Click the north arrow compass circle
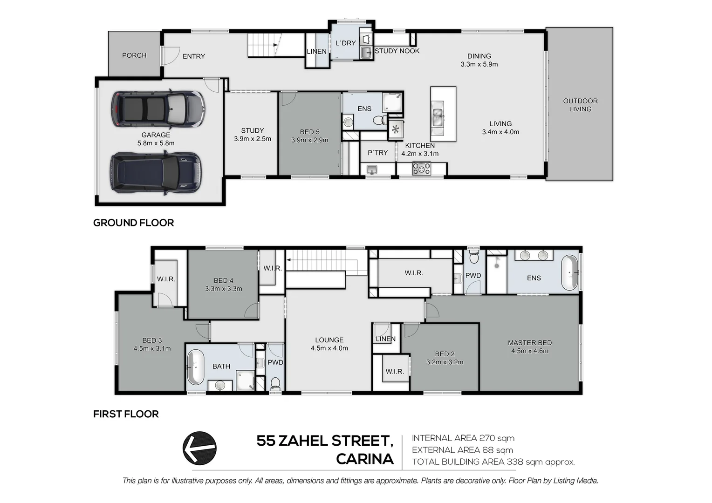[x=199, y=448]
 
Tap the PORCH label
[x=134, y=55]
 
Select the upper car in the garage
[x=157, y=109]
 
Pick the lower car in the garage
[x=156, y=173]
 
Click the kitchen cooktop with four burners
[x=422, y=169]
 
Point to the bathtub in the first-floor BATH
[x=195, y=367]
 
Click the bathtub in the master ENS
[x=569, y=272]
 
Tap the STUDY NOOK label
[x=397, y=51]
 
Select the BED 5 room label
[x=310, y=132]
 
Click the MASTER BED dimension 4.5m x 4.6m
[x=530, y=351]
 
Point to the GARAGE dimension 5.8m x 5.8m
[x=156, y=143]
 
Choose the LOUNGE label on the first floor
[x=329, y=340]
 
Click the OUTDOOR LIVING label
[x=580, y=105]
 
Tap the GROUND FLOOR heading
[x=133, y=223]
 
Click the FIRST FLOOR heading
[x=126, y=414]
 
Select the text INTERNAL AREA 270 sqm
[x=463, y=438]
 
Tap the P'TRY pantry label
[x=377, y=153]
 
